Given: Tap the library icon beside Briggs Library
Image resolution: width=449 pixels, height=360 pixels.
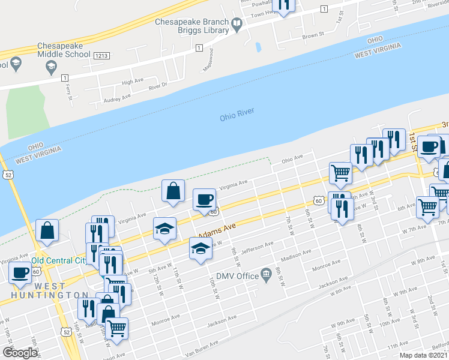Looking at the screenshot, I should pyautogui.click(x=237, y=25).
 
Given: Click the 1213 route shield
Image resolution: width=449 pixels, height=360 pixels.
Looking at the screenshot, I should pyautogui.click(x=100, y=55).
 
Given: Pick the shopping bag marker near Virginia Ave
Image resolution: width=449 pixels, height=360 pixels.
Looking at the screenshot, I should pyautogui.click(x=173, y=191).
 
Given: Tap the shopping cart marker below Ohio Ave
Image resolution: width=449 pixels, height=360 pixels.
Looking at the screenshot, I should pyautogui.click(x=340, y=172).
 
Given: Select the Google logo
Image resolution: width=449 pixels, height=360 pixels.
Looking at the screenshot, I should pyautogui.click(x=20, y=353).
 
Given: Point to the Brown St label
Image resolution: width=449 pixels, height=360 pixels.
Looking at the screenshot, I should pyautogui.click(x=313, y=36).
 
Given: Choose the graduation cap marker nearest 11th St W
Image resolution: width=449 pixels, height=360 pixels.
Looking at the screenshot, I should pyautogui.click(x=164, y=229).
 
